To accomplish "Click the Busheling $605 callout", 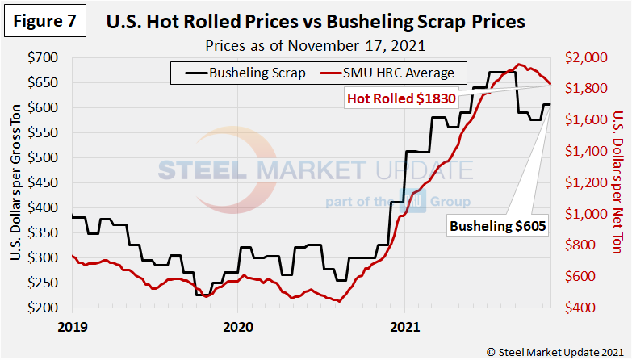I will pos(496,228).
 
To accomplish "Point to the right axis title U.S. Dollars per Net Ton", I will pos(617,185).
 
